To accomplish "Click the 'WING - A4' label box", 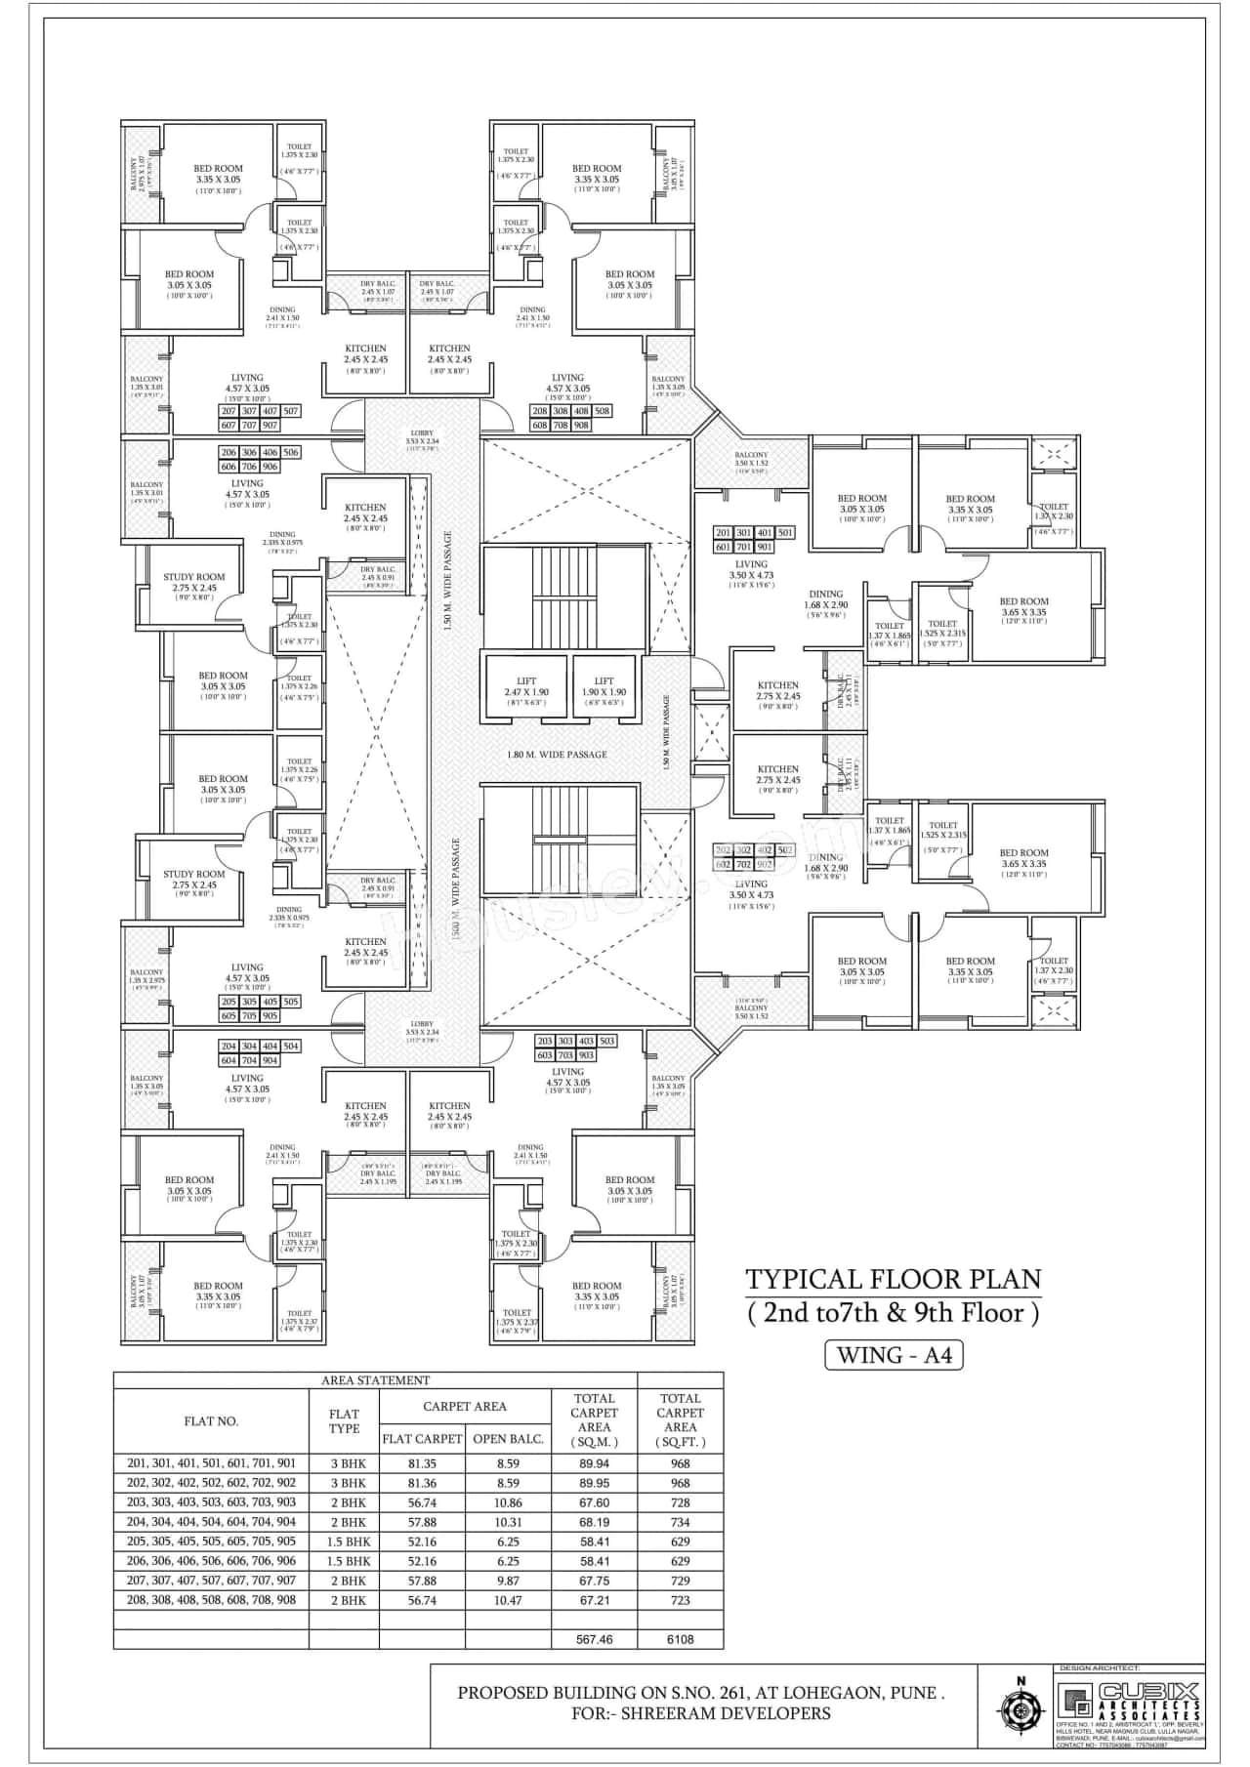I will point(894,1355).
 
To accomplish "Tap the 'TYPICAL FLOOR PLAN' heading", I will point(893,1279).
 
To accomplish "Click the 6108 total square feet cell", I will point(680,1639).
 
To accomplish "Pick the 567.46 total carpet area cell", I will point(594,1639).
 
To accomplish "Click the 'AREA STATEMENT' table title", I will point(376,1380).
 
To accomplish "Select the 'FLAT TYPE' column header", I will point(344,1421).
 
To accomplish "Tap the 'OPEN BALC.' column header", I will point(508,1438).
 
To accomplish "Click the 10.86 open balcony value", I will point(508,1502).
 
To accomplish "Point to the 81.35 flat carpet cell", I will point(422,1463).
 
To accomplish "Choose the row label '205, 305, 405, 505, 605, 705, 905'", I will point(211,1541).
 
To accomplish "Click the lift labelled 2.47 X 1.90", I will point(526,687).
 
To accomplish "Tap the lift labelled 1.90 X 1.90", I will point(604,687).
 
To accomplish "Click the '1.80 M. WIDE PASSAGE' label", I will point(557,755).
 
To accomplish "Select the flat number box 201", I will point(724,533).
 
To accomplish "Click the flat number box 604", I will point(229,1060).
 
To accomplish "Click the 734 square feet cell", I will point(680,1522).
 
